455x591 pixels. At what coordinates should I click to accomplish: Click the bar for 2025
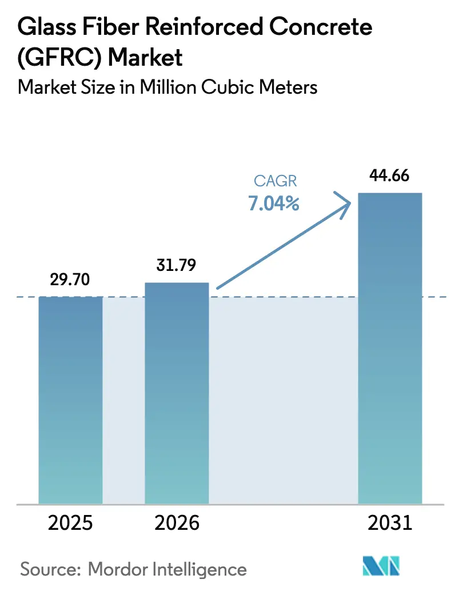70,400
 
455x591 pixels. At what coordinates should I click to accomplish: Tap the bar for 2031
390,349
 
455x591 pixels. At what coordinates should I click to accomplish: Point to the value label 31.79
177,265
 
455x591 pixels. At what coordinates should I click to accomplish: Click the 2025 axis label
70,523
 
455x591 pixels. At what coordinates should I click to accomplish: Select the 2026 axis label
177,523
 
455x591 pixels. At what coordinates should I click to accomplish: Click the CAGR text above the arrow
276,181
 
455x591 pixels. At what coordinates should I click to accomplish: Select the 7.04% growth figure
274,203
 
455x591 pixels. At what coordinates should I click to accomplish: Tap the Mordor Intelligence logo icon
382,567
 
